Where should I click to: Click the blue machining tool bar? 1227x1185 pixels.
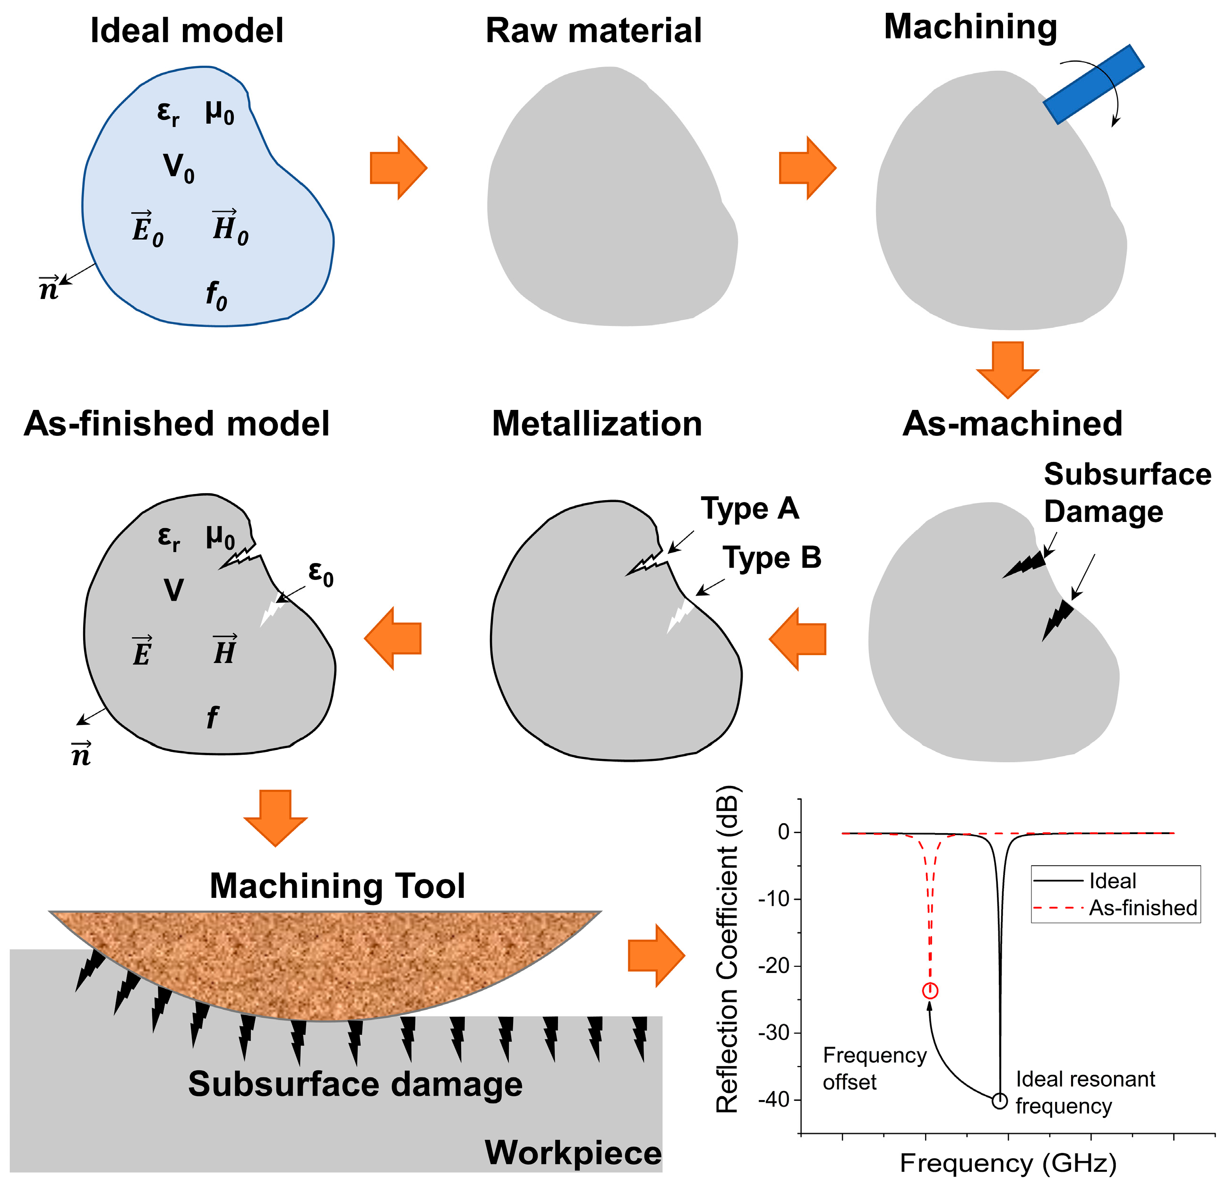coord(1093,85)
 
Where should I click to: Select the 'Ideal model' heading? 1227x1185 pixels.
coord(187,31)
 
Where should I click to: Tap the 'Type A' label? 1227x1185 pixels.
coord(749,509)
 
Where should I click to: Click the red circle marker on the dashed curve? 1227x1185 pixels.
coord(930,991)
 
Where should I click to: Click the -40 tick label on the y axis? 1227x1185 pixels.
coord(774,1100)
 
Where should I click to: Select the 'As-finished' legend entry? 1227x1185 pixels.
coord(1142,908)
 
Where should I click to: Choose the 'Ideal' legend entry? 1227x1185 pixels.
coord(1113,881)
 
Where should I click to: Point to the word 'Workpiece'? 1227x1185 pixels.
coord(573,1152)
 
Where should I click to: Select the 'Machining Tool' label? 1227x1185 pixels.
coord(337,886)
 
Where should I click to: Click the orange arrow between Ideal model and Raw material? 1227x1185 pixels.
coord(398,168)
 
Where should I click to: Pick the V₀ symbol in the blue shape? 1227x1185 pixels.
coord(179,168)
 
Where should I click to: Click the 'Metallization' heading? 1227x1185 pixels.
coord(597,424)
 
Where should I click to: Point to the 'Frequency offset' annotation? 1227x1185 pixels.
coord(874,1068)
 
